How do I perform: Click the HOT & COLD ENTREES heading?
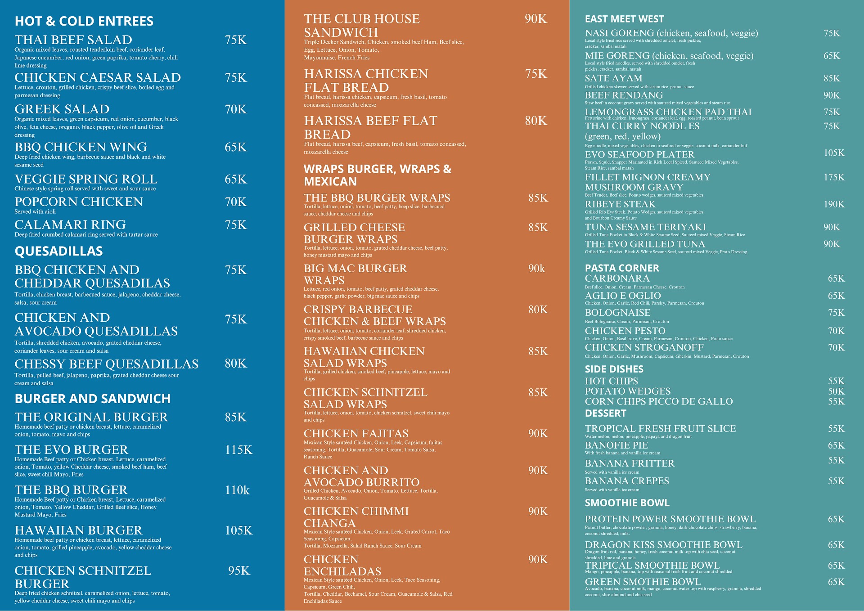pyautogui.click(x=84, y=21)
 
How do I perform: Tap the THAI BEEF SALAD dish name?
pyautogui.click(x=73, y=40)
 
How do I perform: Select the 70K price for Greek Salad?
pyautogui.click(x=236, y=109)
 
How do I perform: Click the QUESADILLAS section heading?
pyautogui.click(x=59, y=251)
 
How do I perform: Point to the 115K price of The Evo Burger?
pyautogui.click(x=239, y=449)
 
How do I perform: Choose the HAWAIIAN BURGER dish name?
pyautogui.click(x=79, y=530)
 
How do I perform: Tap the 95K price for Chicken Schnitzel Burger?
pyautogui.click(x=239, y=571)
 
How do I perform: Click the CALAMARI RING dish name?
pyautogui.click(x=70, y=225)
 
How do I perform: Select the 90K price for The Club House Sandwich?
pyautogui.click(x=536, y=19)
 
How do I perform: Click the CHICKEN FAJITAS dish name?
pyautogui.click(x=356, y=433)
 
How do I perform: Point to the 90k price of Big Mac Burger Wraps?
pyautogui.click(x=537, y=269)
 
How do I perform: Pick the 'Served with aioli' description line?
pyautogui.click(x=35, y=211)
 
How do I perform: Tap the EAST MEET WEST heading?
pyautogui.click(x=624, y=19)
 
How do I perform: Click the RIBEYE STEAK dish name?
pyautogui.click(x=620, y=204)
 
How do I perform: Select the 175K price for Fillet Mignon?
pyautogui.click(x=834, y=177)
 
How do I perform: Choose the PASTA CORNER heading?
pyautogui.click(x=622, y=268)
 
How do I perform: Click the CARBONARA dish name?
pyautogui.click(x=617, y=279)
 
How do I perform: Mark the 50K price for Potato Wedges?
pyautogui.click(x=836, y=391)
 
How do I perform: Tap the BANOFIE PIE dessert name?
pyautogui.click(x=616, y=445)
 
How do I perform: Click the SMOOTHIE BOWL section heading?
pyautogui.click(x=627, y=503)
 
